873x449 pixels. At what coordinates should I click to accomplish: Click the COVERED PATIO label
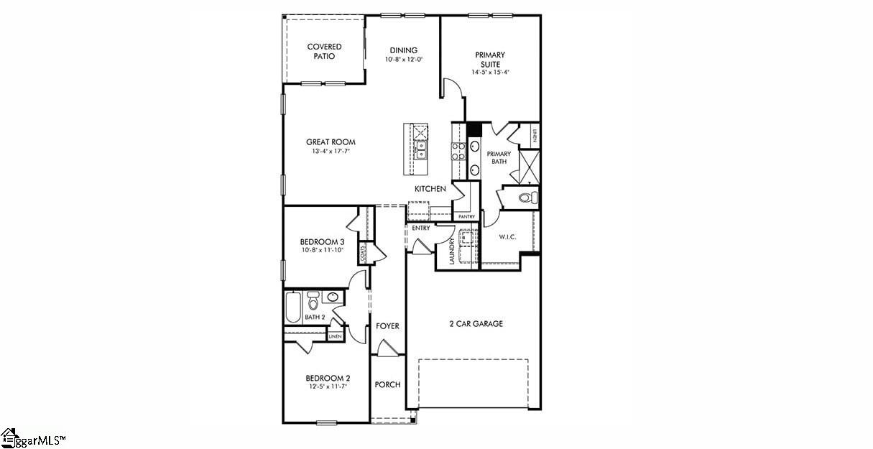coord(324,52)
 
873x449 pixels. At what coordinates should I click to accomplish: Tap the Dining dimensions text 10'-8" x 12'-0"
coord(403,60)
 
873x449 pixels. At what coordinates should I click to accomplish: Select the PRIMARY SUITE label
coord(490,59)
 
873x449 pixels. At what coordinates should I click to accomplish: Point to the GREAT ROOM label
coord(331,142)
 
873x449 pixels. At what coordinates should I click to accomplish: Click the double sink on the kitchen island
coord(421,149)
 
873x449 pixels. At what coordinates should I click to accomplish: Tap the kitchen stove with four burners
coord(458,150)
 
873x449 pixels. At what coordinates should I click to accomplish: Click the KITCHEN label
coord(430,189)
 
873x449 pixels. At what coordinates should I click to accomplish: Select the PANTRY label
coord(466,216)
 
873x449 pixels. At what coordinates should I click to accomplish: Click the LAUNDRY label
coord(452,251)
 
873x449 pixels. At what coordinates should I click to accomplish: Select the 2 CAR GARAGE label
coord(476,324)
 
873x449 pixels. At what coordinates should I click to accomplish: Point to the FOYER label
coord(387,326)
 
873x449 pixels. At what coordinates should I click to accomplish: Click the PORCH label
coord(387,384)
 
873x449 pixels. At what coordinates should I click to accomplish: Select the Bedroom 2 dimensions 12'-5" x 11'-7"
coord(328,386)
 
